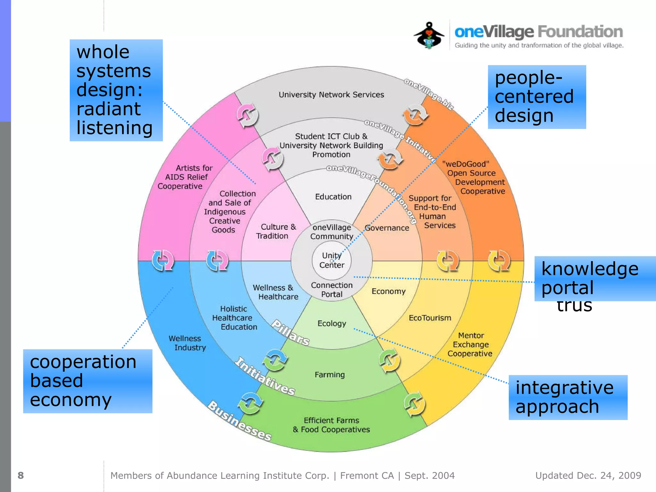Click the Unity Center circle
click(332, 260)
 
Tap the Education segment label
click(333, 197)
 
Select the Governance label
click(387, 228)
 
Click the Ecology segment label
click(332, 323)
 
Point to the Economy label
click(389, 291)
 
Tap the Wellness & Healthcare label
click(275, 292)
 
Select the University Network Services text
click(331, 95)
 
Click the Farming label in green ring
click(330, 374)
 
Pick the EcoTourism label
click(430, 318)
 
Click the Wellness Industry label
click(187, 343)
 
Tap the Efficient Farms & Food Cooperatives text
click(331, 425)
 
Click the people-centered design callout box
click(537, 97)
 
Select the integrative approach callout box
click(568, 397)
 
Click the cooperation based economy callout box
click(87, 381)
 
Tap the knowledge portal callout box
click(594, 278)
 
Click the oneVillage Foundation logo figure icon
click(429, 35)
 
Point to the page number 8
click(21, 475)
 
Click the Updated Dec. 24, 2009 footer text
click(588, 475)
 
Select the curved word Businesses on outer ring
click(240, 421)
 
